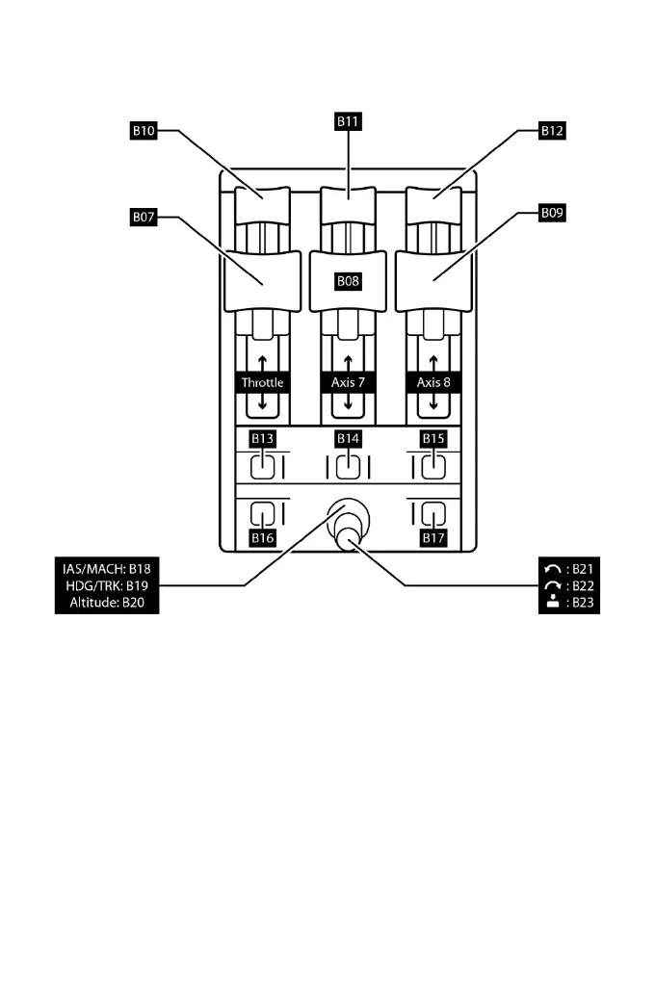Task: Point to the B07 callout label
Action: tap(144, 218)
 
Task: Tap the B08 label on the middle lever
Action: tap(348, 281)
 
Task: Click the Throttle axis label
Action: tap(263, 382)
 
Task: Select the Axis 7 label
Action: tap(348, 382)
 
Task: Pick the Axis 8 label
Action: tap(432, 382)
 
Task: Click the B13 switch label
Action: tap(263, 439)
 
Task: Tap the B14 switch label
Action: tap(348, 439)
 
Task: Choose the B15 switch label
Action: tap(432, 439)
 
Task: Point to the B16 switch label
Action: tap(263, 538)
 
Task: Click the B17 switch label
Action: tap(432, 538)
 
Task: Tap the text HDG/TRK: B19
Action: tap(106, 585)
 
